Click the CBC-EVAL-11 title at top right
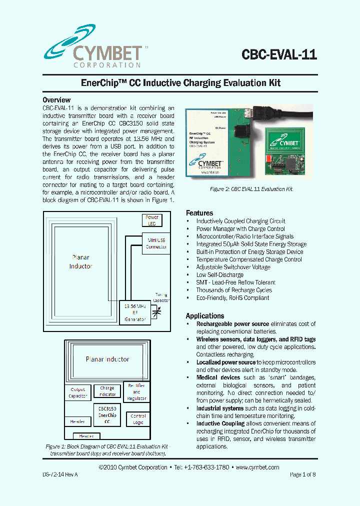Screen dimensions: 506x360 coord(279,54)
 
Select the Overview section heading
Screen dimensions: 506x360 coord(56,100)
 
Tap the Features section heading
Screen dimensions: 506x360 coord(199,212)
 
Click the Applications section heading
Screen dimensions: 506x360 coord(205,316)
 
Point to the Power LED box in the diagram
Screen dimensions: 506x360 coord(152,220)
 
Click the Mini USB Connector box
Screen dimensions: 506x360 coord(156,243)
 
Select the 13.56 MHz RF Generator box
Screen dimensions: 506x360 coord(135,312)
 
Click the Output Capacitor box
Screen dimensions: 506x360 coord(77,392)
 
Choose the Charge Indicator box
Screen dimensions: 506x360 coord(107,391)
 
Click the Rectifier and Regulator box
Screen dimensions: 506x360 coord(136,392)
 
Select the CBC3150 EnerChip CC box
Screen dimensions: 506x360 coord(107,415)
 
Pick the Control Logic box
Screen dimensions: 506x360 coord(138,419)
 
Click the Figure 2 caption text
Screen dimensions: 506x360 coord(251,189)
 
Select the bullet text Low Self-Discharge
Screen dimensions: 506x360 coord(219,274)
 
